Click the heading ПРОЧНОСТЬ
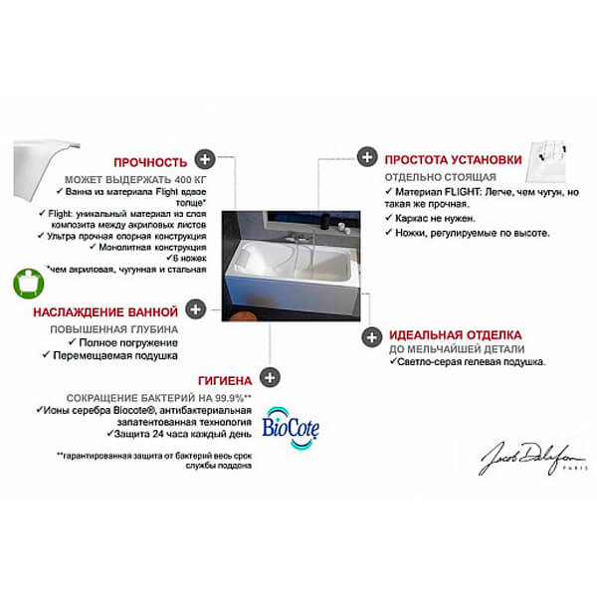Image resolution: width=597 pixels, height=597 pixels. pyautogui.click(x=150, y=161)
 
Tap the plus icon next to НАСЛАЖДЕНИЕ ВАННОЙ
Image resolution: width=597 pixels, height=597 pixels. pyautogui.click(x=197, y=309)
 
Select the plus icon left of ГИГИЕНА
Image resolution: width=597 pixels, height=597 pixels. pyautogui.click(x=269, y=378)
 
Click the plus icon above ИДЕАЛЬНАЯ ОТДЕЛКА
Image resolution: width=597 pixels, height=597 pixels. pyautogui.click(x=370, y=335)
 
